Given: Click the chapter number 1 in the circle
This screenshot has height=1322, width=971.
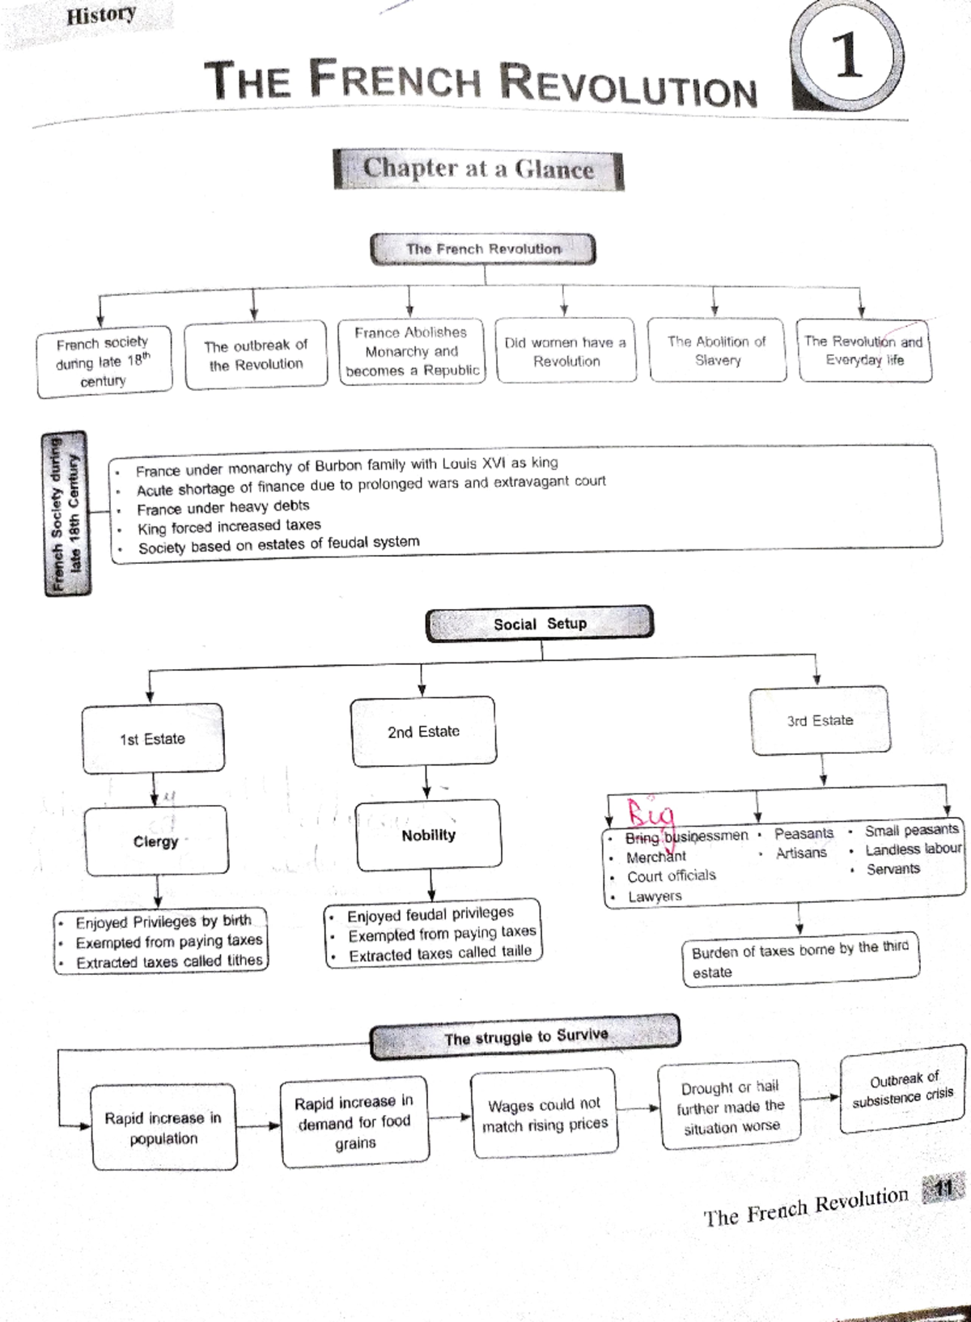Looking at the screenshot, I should point(848,57).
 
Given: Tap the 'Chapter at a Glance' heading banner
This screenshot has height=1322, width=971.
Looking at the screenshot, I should point(478,169).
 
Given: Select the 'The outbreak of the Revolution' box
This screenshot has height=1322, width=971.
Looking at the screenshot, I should point(256,355).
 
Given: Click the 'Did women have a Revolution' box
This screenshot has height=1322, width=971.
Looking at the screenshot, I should point(566,352).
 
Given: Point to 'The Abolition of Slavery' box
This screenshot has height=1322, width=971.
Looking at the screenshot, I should point(717,351).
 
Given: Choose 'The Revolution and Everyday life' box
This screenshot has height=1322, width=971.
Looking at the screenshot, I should point(864,351).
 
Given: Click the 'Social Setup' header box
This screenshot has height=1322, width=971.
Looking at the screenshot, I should point(540,624).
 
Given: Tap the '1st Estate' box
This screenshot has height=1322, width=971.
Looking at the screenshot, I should point(153,739).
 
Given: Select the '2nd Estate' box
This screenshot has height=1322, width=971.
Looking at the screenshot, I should point(423,731).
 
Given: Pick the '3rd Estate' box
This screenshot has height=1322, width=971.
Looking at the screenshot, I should point(820,720).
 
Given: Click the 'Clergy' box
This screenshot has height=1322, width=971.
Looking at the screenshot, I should point(156,841).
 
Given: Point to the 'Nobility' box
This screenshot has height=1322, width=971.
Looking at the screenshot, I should point(428,835).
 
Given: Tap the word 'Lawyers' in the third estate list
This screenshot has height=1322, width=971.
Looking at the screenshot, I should point(655,896).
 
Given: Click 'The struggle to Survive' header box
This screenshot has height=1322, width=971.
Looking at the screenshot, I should point(525,1037).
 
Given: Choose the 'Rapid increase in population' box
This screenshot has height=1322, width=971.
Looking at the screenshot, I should point(163,1128).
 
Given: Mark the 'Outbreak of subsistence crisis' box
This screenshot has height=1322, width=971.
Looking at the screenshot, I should point(903,1089).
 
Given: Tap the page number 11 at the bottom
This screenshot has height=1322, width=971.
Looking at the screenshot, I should point(943,1189).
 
